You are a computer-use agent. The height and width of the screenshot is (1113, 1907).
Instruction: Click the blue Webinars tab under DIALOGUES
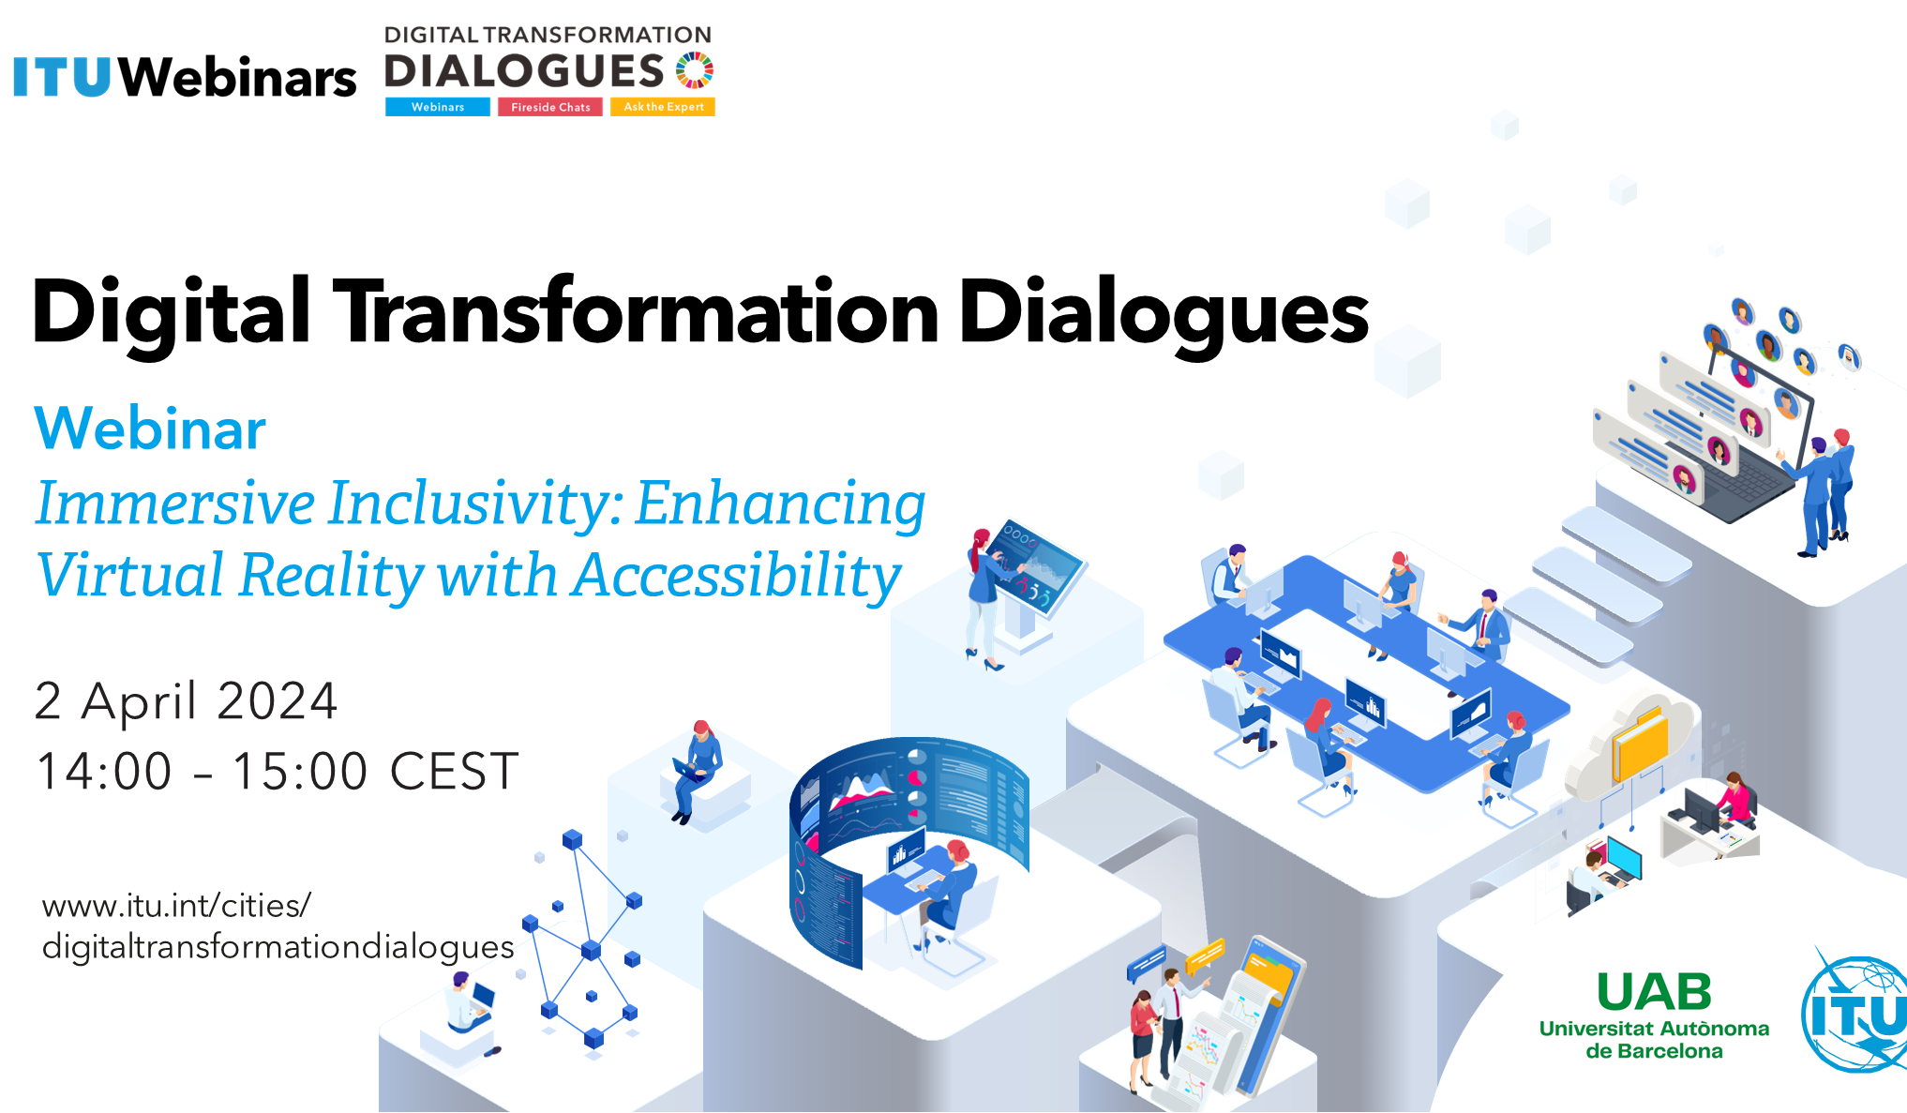438,107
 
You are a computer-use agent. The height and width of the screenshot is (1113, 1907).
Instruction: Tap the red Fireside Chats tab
550,107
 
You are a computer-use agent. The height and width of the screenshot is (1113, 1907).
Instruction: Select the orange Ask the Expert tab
663,107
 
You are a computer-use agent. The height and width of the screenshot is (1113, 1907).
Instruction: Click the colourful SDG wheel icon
695,70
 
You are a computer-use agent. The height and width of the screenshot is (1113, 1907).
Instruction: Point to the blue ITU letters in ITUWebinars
63,77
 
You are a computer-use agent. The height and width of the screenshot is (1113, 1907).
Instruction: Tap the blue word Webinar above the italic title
150,429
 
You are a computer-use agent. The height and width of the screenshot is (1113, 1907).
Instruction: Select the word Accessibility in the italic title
737,575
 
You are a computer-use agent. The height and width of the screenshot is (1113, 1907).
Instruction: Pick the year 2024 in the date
278,701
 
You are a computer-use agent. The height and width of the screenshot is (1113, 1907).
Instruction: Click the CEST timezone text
454,772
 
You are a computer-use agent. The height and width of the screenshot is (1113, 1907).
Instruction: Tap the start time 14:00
104,772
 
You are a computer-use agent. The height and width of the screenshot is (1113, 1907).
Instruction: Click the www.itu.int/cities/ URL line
176,906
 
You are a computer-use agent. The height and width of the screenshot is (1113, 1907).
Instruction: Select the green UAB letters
1654,992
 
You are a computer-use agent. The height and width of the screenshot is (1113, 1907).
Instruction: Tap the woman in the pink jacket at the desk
1736,799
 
